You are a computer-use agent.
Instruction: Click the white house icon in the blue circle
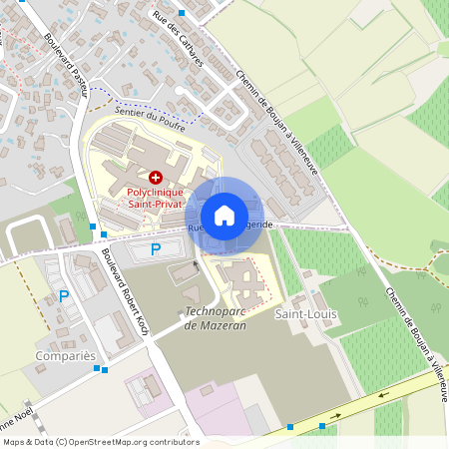pos(224,215)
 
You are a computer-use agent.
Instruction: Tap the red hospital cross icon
pos(155,176)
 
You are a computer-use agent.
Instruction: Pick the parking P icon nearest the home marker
pos(155,249)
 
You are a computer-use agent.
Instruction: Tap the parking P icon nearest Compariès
pos(64,295)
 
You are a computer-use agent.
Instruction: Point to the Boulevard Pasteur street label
pos(66,65)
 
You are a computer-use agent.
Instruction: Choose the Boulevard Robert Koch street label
pos(125,295)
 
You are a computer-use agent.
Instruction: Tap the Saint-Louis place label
pos(306,314)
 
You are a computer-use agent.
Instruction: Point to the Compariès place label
pos(64,355)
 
